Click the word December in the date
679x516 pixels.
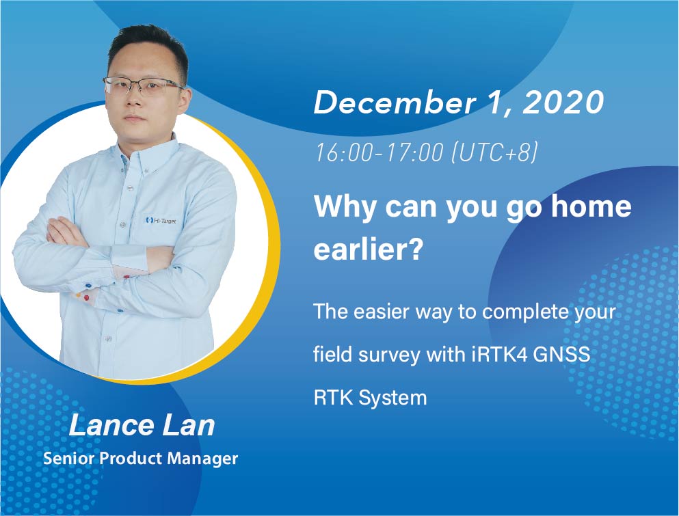tap(394, 103)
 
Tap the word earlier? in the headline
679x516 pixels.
tap(368, 249)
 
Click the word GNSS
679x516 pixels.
tap(561, 355)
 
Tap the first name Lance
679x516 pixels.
tap(111, 426)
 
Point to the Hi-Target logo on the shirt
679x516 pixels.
tap(161, 221)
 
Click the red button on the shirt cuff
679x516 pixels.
tap(85, 298)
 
